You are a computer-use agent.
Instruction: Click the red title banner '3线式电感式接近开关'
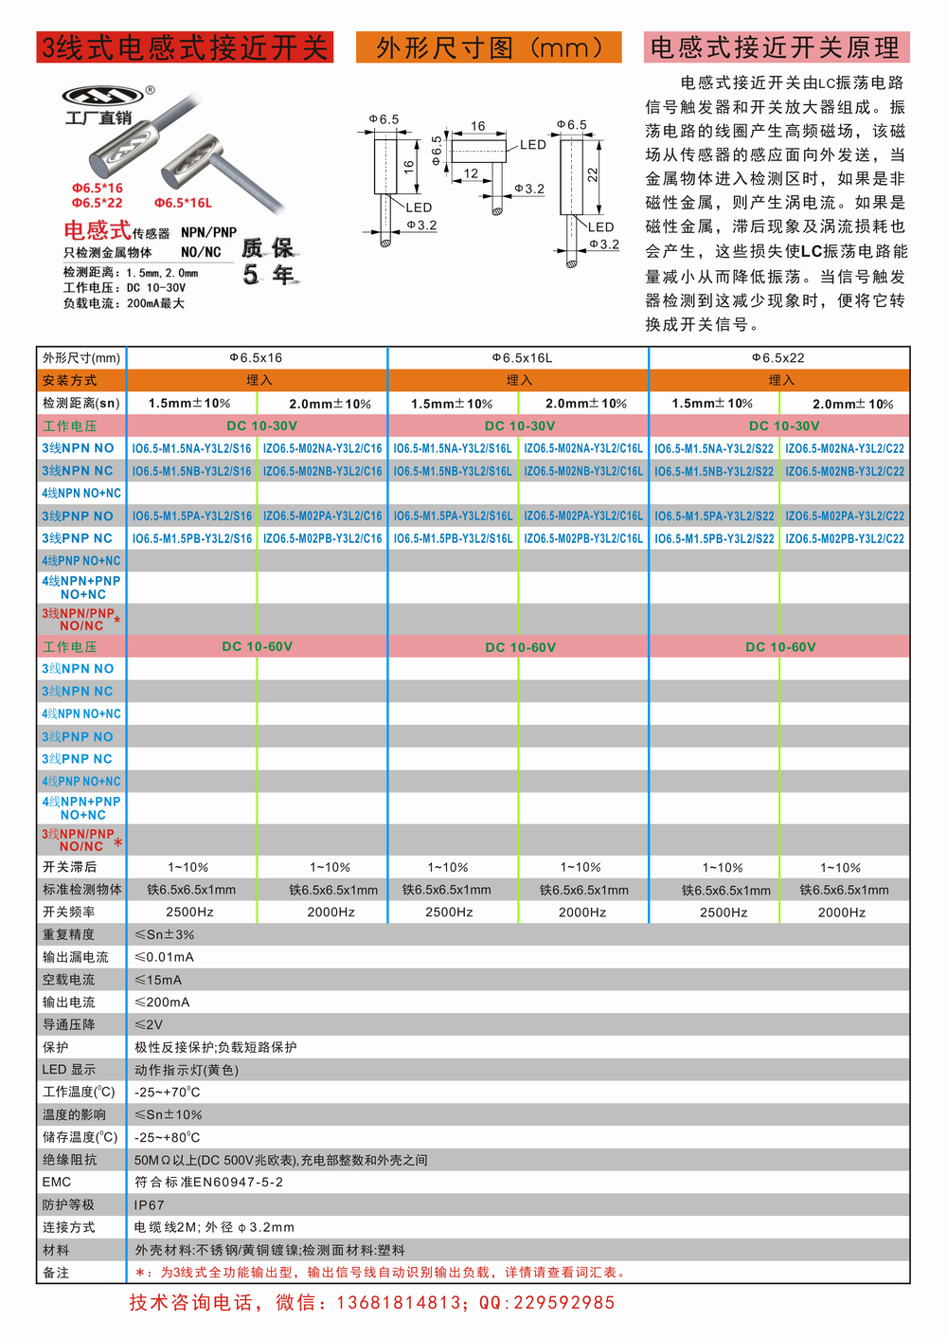coord(185,47)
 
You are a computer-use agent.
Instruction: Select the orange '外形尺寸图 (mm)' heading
coord(489,47)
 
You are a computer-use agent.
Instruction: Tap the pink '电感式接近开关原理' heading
coord(776,47)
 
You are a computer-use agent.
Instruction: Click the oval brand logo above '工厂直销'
coord(102,95)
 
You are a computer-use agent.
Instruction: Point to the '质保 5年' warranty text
coord(269,262)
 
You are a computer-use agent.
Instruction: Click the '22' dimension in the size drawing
coord(593,175)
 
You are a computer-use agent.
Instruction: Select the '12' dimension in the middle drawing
coord(471,173)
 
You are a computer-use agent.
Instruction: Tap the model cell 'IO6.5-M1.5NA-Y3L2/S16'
coord(192,448)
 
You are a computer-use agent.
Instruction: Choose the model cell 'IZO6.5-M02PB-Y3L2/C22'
coord(845,538)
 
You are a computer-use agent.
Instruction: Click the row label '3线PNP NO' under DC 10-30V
coord(78,516)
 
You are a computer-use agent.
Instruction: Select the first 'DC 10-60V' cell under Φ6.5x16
coord(258,647)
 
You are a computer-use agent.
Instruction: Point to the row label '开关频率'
coord(69,912)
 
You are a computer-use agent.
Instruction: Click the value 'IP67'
coord(150,1205)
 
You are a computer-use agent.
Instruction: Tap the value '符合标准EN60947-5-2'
coord(208,1183)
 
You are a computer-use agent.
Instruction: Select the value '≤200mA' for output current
coord(162,1002)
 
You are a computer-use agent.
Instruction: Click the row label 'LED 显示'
coord(69,1070)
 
